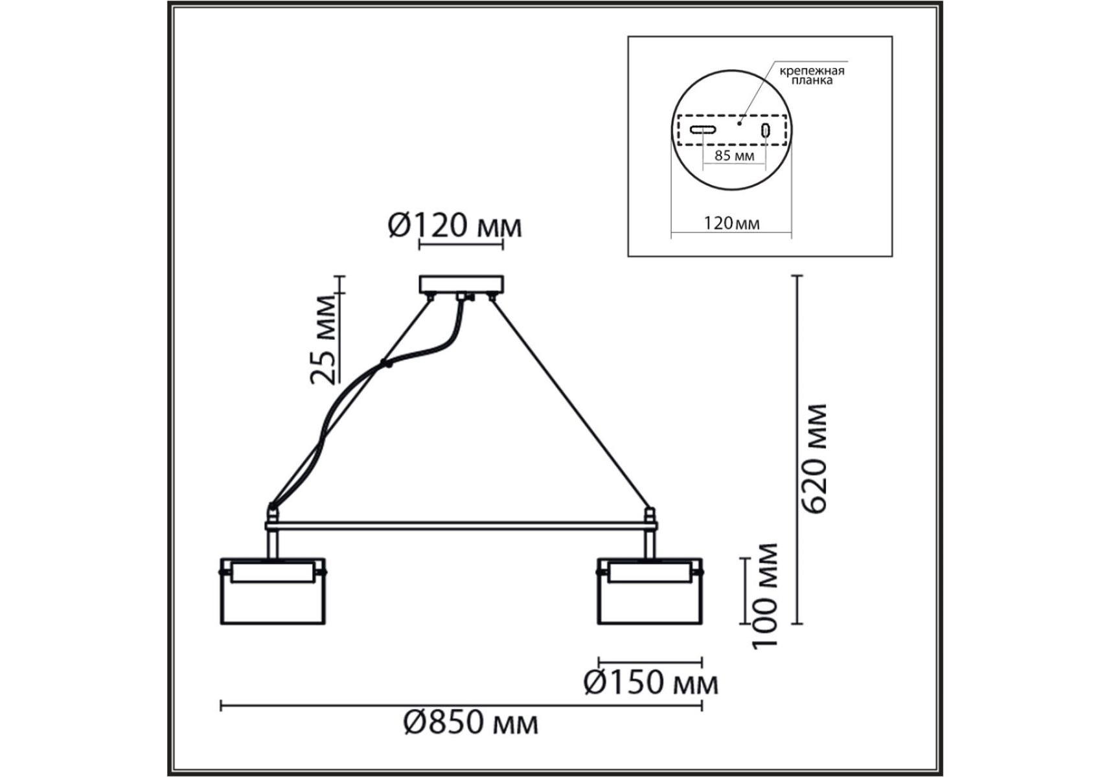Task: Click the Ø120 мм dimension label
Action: [x=455, y=227]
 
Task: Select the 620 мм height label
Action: [x=813, y=458]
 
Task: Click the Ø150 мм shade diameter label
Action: [x=651, y=682]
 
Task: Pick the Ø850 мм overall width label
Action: [x=470, y=722]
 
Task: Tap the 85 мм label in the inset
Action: [x=734, y=156]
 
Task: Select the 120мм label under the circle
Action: [x=731, y=223]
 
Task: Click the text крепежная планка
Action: [x=812, y=76]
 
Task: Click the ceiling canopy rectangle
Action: [x=461, y=284]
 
